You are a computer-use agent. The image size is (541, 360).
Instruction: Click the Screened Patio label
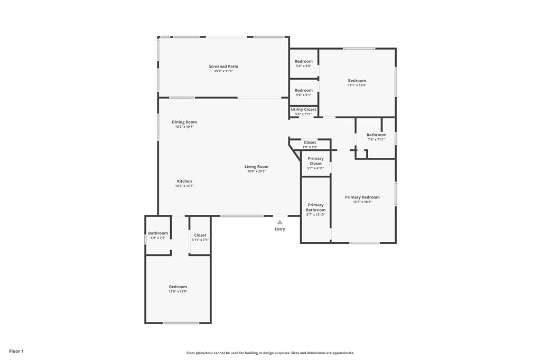[223, 67]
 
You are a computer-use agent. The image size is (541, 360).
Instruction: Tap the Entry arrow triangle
[279, 222]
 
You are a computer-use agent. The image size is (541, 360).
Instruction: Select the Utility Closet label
[303, 109]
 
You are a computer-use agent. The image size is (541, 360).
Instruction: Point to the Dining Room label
[184, 122]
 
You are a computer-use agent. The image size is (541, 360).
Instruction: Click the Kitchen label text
[184, 181]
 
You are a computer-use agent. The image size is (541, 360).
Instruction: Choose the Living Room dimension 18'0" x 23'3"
[256, 171]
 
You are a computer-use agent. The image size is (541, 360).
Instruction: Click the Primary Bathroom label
[315, 207]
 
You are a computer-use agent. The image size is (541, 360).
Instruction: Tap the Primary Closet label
[315, 161]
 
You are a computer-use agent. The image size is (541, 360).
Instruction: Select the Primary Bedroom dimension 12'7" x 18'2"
[362, 202]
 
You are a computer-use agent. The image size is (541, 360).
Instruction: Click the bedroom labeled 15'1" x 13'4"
[357, 81]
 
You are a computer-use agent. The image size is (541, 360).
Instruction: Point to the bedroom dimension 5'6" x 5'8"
[303, 66]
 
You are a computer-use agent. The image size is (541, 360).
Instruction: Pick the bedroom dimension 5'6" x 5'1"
[303, 95]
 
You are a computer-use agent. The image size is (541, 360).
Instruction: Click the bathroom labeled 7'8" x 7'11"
[376, 135]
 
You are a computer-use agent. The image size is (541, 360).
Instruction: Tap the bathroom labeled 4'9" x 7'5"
[157, 233]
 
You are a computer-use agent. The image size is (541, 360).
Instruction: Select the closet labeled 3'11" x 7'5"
[200, 235]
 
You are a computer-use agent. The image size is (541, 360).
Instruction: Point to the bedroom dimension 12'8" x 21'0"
[178, 291]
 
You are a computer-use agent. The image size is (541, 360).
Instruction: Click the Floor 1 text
[16, 351]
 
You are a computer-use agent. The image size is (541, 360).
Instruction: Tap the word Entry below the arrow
[279, 229]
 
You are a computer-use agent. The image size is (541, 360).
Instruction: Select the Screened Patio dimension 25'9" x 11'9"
[223, 71]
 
